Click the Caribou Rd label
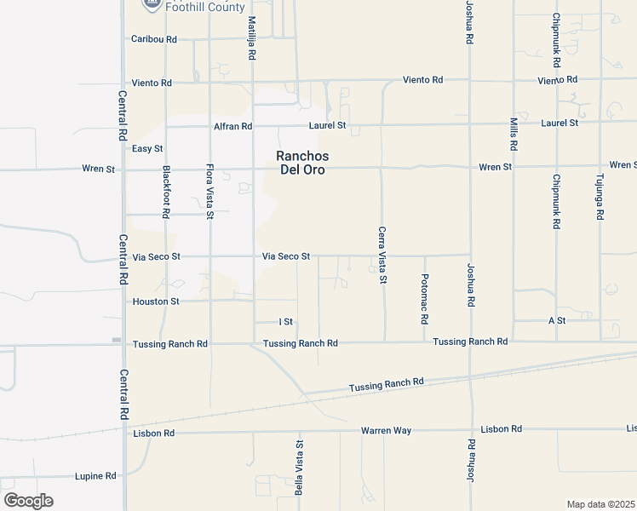click(154, 39)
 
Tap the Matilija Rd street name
click(252, 37)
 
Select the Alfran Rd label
click(233, 126)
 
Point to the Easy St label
click(146, 148)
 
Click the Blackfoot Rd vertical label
click(167, 189)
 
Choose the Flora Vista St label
click(209, 192)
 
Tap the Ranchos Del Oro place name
click(302, 163)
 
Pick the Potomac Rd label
click(424, 298)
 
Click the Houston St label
click(156, 301)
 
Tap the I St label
click(286, 322)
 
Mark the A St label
click(557, 320)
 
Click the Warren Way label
click(386, 431)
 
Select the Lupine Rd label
click(95, 476)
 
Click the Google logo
click(28, 501)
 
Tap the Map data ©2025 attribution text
click(600, 504)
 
